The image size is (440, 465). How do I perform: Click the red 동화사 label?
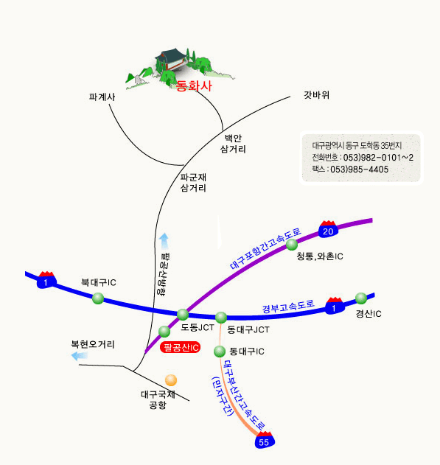tap(194, 86)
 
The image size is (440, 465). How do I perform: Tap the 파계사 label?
tap(102, 97)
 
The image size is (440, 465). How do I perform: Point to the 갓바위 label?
tap(316, 95)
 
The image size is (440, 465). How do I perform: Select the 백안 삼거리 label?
tap(233, 144)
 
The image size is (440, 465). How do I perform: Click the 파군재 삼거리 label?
tap(193, 183)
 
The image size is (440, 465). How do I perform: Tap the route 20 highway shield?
tap(328, 229)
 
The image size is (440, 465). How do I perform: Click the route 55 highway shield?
tap(265, 440)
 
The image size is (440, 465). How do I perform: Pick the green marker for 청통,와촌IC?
tap(292, 245)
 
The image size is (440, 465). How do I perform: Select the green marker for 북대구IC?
tap(98, 298)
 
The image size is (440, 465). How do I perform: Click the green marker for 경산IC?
tap(361, 298)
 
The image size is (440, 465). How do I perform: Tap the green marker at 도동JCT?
tap(183, 315)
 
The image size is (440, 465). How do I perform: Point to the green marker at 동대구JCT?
tap(221, 318)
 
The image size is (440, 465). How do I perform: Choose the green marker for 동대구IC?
tap(220, 352)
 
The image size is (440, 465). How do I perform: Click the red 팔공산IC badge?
tap(181, 347)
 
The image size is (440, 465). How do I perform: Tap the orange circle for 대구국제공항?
tap(171, 380)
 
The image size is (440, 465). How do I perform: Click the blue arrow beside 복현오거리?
tap(80, 356)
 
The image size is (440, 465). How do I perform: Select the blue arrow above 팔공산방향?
tap(164, 241)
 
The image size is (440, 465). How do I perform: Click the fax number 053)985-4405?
tap(360, 169)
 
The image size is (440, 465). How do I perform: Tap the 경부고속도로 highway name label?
tap(288, 307)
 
